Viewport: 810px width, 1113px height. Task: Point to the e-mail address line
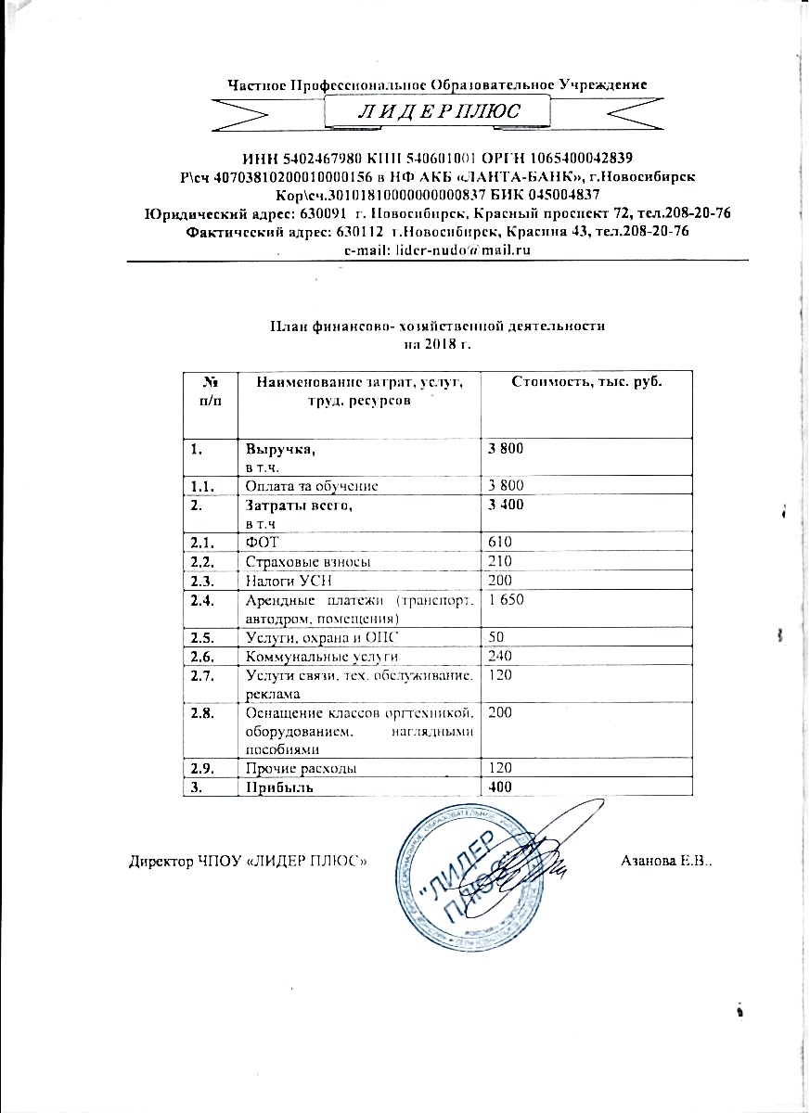437,250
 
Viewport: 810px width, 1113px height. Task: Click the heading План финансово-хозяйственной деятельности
437,326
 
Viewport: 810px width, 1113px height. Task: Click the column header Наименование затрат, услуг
359,381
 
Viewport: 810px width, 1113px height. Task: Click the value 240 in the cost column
500,657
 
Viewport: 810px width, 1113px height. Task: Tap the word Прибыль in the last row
276,787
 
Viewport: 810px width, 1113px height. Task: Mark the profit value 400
500,787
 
